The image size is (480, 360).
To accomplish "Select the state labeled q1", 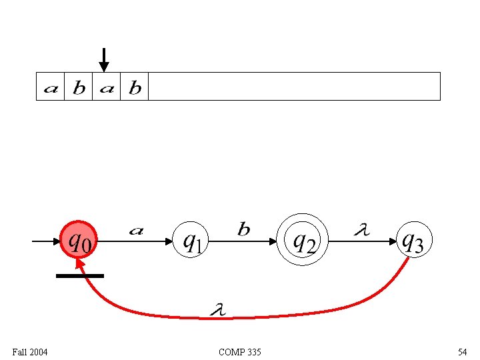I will click(191, 240).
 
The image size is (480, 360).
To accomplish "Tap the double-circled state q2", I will click(303, 240).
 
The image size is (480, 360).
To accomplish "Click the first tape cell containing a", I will click(50, 87).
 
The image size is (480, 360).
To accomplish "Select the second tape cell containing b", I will click(79, 87).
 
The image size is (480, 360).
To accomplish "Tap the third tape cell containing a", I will click(107, 87).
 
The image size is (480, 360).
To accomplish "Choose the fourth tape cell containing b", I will click(135, 87).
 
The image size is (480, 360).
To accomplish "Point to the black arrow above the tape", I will click(103, 59).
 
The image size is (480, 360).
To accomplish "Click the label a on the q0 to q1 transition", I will click(136, 231).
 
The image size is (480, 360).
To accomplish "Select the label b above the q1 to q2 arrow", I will click(244, 230).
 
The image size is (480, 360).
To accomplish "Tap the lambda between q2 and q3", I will click(361, 231).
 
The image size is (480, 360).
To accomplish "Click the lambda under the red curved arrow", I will click(217, 309).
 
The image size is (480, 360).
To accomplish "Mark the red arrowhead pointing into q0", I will click(81, 265).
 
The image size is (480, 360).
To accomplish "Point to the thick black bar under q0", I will click(80, 275).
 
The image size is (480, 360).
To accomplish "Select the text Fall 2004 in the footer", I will click(30, 351).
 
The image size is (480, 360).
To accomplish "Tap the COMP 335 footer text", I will click(239, 351).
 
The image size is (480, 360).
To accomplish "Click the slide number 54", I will click(462, 351).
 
